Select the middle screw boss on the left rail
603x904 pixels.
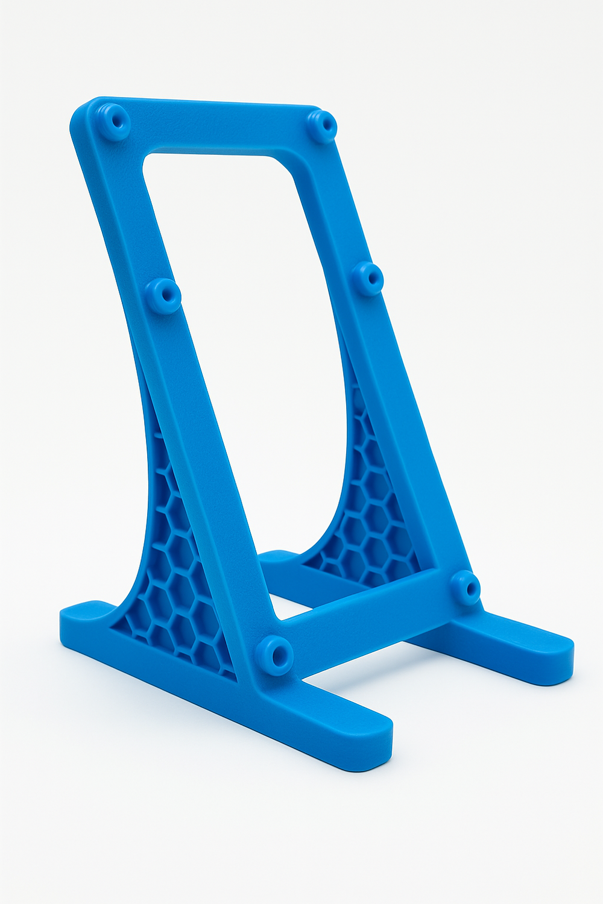point(163,295)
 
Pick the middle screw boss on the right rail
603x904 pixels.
point(368,278)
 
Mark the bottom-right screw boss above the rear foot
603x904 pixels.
point(466,587)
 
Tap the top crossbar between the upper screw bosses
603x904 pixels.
point(217,130)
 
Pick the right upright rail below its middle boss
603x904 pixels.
point(416,422)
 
